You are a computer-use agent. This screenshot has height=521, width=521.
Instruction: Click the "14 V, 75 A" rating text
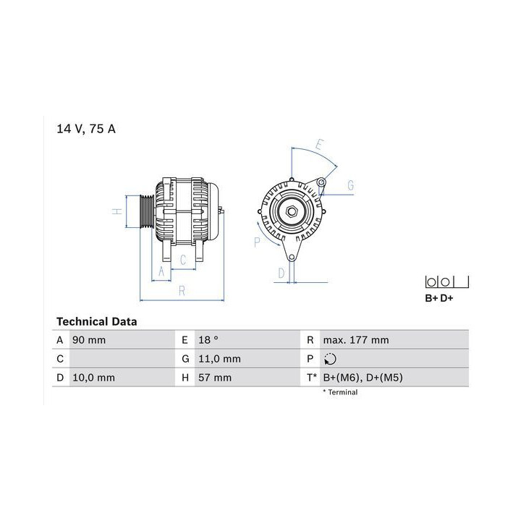(x=86, y=129)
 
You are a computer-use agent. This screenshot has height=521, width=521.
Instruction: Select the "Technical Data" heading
(x=97, y=321)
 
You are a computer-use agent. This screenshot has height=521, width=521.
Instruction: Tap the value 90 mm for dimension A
(x=89, y=340)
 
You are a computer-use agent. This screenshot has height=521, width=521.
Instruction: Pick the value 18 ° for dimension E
(x=208, y=340)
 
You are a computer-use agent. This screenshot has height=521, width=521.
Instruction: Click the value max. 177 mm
(x=356, y=340)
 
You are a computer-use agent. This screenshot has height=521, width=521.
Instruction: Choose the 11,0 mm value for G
(x=220, y=359)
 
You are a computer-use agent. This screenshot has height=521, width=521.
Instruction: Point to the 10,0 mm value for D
(x=93, y=378)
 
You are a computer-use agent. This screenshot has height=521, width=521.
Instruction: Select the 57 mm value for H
(x=215, y=378)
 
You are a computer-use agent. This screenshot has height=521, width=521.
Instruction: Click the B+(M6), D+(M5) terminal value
(x=363, y=378)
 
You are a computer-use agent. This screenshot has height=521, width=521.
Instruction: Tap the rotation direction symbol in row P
(x=330, y=359)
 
